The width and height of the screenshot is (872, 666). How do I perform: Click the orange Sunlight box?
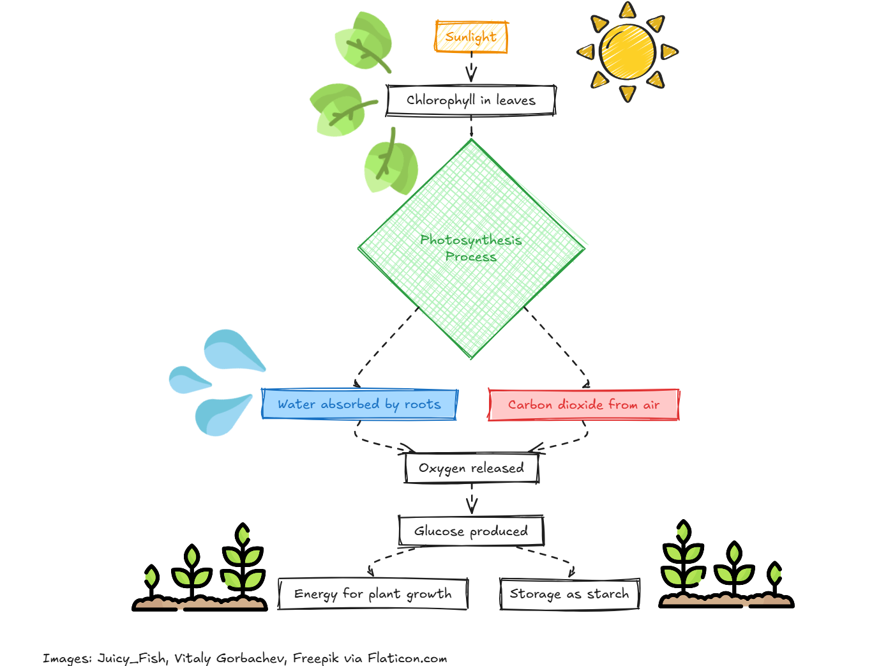coord(471,37)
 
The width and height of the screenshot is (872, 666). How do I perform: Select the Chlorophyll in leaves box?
coord(471,100)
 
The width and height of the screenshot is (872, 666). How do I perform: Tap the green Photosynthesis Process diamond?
coord(471,249)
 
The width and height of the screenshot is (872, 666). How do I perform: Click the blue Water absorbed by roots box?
coord(359,404)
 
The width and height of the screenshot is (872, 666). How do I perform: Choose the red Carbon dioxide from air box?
coord(583,405)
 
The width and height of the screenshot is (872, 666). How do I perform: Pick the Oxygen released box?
coord(471,468)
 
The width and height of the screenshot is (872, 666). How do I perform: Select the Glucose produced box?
coord(471,531)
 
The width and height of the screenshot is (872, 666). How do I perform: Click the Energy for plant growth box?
coord(373,594)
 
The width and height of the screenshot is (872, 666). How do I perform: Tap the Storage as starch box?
coord(569,594)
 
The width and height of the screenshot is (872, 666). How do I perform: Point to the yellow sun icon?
coord(628,52)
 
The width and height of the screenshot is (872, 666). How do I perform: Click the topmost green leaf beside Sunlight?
coord(364,42)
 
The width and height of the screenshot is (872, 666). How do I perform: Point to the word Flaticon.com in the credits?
coord(407,658)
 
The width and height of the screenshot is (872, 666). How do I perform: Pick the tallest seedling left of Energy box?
coord(243,562)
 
